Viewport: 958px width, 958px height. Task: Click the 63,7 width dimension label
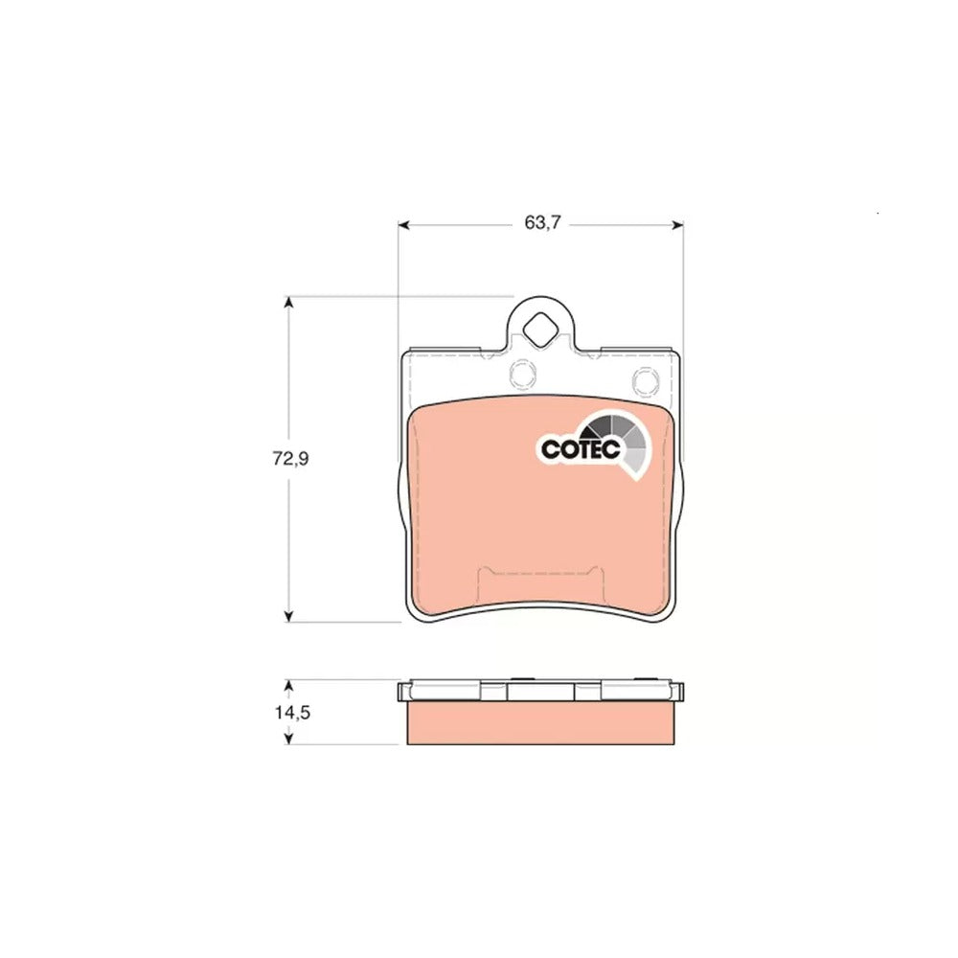point(542,223)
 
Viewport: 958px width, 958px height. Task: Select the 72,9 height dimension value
point(291,459)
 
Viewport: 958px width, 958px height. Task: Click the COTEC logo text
point(582,449)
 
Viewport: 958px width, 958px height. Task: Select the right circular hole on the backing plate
point(645,380)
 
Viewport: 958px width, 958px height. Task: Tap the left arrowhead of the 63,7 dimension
point(403,225)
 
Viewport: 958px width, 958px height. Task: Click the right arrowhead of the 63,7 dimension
point(677,225)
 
